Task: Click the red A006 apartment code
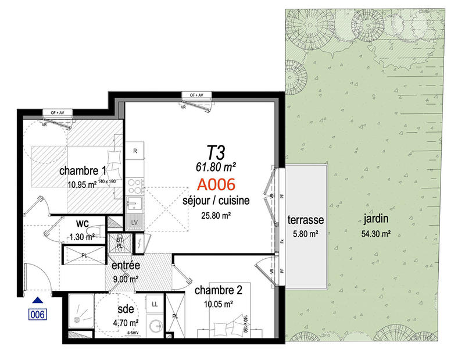click(216, 186)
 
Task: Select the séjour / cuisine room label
click(216, 201)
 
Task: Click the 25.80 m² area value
click(216, 215)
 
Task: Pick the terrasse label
click(305, 221)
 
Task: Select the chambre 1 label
click(83, 172)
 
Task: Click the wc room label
click(82, 223)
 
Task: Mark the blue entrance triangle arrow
click(37, 300)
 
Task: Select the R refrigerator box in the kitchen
click(135, 151)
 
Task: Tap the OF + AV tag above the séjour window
click(192, 95)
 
